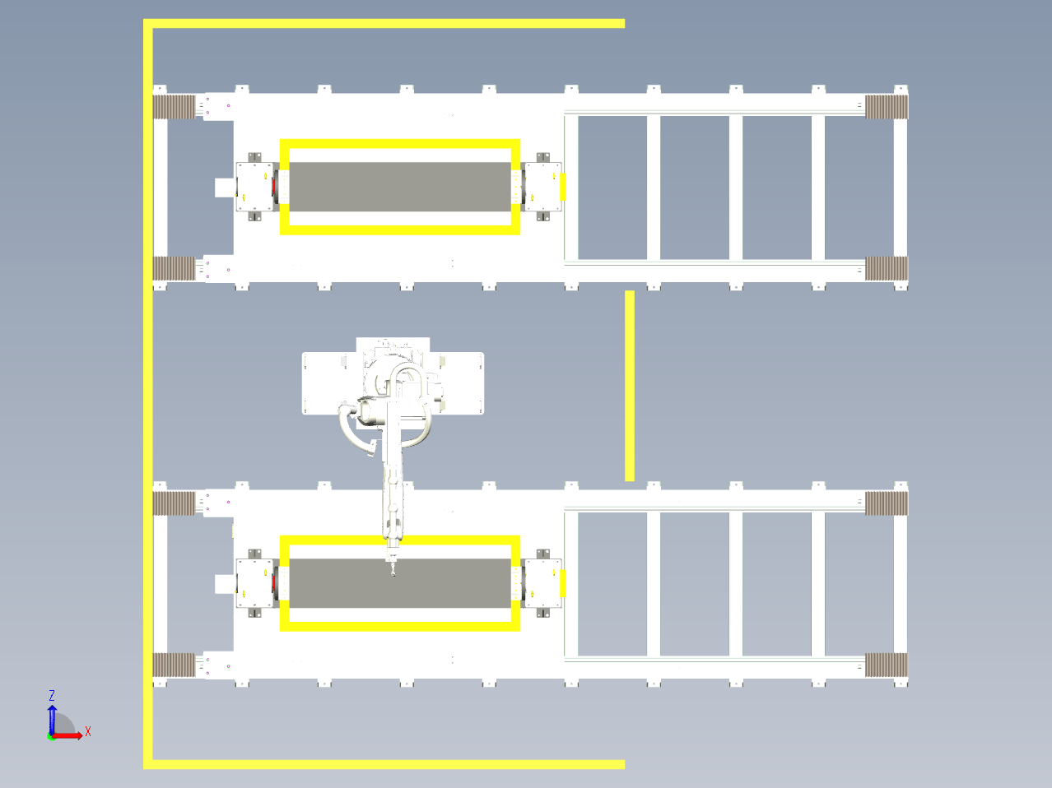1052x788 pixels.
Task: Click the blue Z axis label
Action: (x=52, y=695)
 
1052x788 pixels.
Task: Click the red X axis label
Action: (x=88, y=731)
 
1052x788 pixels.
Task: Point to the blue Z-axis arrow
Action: (x=52, y=720)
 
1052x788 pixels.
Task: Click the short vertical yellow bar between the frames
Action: (x=629, y=386)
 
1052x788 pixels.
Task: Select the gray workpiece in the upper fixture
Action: (x=400, y=187)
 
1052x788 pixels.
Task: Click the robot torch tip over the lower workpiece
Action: (x=393, y=572)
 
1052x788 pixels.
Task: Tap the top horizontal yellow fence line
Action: (x=384, y=24)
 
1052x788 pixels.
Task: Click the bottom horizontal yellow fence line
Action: (x=384, y=764)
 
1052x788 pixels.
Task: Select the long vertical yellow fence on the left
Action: (x=148, y=393)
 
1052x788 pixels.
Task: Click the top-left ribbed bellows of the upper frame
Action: (x=174, y=107)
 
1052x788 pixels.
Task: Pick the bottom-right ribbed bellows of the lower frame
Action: (x=887, y=665)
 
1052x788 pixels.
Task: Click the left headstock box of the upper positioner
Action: (x=254, y=187)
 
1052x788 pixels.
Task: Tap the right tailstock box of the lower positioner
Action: (x=543, y=583)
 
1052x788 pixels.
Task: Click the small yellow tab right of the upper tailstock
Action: (x=563, y=187)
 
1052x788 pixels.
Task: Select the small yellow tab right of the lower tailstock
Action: (x=563, y=583)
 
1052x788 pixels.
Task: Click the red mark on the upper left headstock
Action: (x=274, y=187)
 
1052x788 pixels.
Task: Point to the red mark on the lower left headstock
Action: (x=274, y=583)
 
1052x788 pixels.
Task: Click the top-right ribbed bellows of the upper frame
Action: (x=887, y=107)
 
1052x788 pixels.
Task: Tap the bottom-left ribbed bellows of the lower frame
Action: (x=174, y=665)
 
